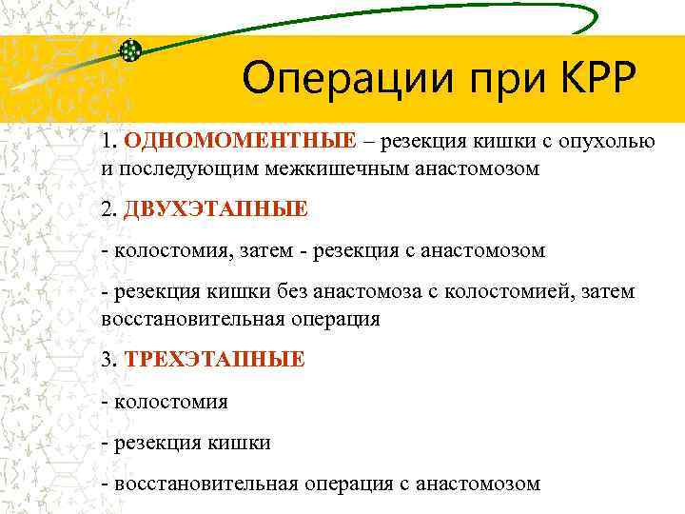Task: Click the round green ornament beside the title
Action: (132, 50)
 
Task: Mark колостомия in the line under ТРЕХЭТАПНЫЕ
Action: (170, 401)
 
